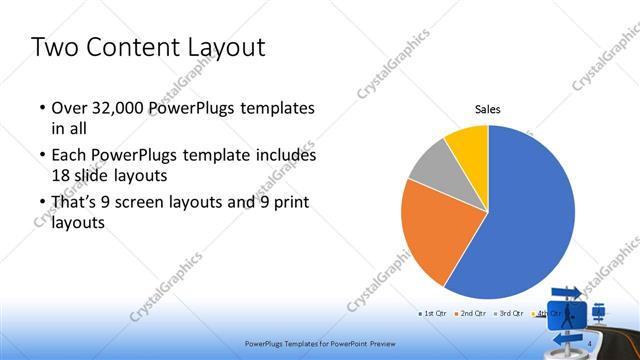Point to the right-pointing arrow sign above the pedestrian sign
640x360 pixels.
click(x=565, y=292)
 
